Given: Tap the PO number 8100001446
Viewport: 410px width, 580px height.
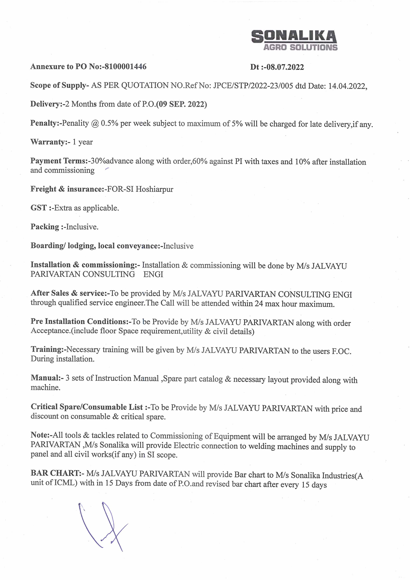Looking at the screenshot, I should coord(126,67).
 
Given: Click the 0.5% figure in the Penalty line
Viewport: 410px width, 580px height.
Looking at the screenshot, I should coord(109,123).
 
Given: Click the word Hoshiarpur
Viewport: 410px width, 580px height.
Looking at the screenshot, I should coord(154,189).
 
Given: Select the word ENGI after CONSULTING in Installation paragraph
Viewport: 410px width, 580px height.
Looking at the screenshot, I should coord(153,274).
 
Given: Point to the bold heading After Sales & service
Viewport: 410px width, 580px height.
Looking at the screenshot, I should coord(68,293).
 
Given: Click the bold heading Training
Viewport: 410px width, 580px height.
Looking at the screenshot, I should coord(47,350).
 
